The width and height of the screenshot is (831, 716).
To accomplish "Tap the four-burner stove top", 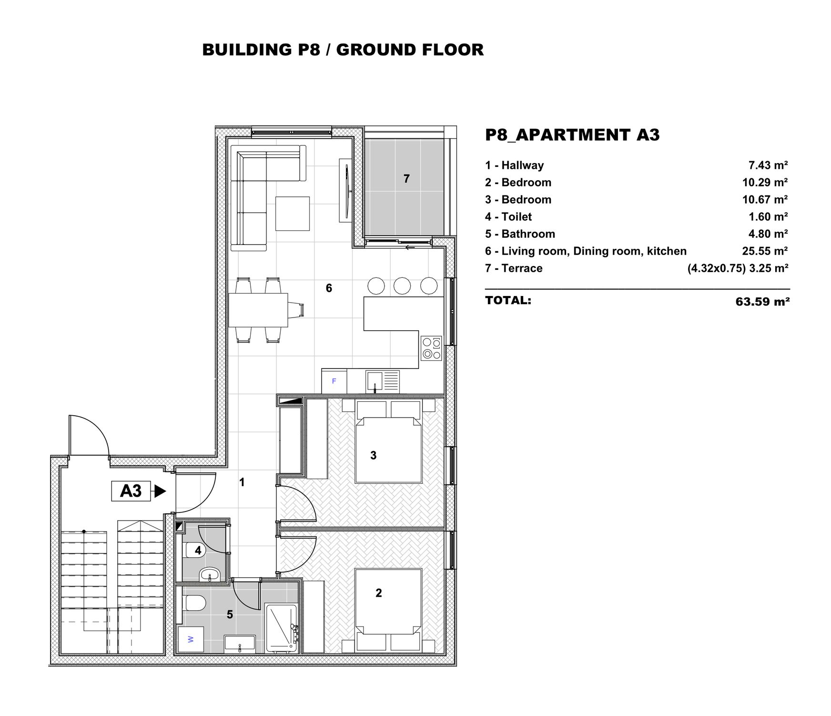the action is [431, 348].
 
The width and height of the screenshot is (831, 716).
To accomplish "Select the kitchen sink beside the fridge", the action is [383, 381].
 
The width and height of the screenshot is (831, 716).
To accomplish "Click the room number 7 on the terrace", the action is [406, 179].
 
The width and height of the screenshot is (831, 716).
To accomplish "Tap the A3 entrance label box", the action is [131, 491].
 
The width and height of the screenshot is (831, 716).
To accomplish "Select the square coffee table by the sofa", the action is [293, 214].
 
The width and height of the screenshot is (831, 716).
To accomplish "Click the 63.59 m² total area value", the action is [762, 302].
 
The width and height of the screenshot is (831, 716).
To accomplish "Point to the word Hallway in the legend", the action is [522, 165].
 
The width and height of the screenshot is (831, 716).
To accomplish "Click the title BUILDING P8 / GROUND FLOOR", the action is [343, 50].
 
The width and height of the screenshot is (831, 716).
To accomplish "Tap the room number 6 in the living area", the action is [329, 288].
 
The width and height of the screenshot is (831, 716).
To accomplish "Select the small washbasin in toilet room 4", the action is [209, 574].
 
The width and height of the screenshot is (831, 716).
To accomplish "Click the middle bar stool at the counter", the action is [402, 286].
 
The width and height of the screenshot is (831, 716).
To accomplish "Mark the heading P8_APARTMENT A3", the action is [572, 135].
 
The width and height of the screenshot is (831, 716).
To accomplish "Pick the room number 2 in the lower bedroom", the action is [379, 593].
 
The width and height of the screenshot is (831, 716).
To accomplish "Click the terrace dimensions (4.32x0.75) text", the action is [716, 268].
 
